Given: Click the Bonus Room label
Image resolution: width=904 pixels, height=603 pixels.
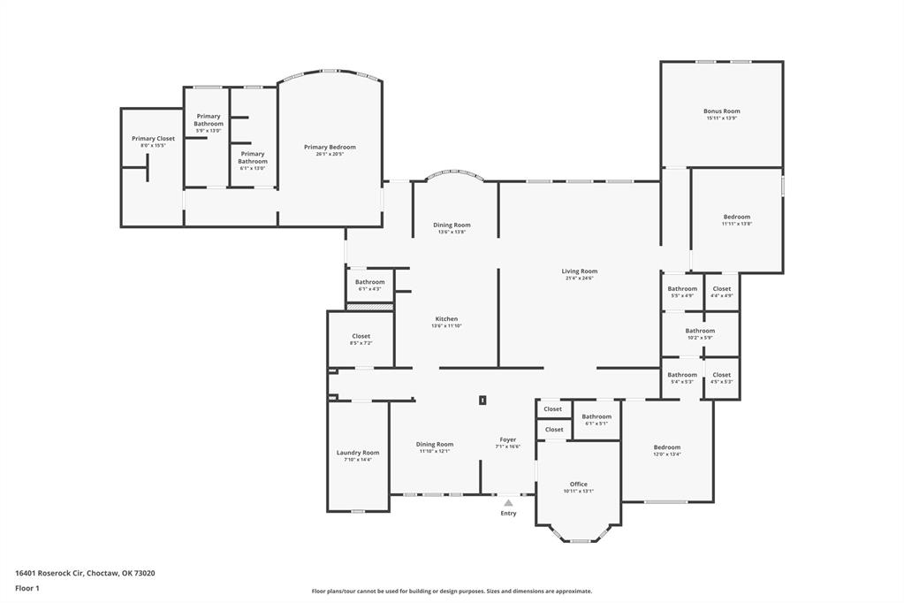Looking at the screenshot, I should coord(721,111).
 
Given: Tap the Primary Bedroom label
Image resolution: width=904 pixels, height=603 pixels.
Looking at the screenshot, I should coord(330,147).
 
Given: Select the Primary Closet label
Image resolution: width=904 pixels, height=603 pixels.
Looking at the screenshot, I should coord(153,139).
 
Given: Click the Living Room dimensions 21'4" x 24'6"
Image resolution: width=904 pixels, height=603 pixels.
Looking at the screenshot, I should coord(579,279).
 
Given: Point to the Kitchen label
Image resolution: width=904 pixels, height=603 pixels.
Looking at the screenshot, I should coord(446,319).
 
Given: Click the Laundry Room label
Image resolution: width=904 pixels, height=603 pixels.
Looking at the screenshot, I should coord(357,453).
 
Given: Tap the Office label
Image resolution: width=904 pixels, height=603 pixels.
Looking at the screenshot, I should coord(578,485).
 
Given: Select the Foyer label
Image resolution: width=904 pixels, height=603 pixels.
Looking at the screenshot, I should coord(507,439).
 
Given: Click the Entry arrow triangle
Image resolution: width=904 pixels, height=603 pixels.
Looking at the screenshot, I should coord(508,502).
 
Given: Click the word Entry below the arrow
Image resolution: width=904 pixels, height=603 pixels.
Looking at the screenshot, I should coord(508,514).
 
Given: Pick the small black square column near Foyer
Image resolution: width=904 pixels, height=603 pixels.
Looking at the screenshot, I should coord(482,400).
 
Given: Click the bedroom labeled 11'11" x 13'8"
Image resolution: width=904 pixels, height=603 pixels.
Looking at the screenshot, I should coord(736,218).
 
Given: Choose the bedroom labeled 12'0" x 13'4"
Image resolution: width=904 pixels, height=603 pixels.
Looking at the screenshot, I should coord(666,447).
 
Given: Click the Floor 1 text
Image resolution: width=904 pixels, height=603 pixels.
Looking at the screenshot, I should coord(27,588).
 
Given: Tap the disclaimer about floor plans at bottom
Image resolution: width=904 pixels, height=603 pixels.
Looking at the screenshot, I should coord(452,592).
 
